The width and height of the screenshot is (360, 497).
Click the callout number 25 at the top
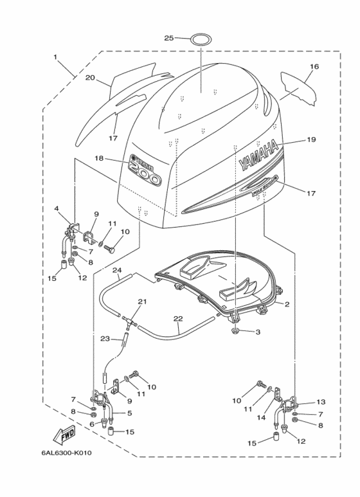(169, 39)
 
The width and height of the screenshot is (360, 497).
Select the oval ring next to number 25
(200, 39)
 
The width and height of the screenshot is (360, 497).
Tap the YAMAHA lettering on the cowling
(259, 156)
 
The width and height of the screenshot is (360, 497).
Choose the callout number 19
(311, 139)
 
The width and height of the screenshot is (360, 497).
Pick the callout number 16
(314, 66)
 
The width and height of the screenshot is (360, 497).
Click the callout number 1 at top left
(56, 57)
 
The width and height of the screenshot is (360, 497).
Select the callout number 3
(258, 332)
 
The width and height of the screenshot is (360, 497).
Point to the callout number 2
(287, 304)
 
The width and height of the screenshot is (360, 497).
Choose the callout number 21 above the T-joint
(142, 302)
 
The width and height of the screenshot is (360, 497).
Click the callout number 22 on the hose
(178, 318)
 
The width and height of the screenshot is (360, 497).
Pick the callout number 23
(105, 338)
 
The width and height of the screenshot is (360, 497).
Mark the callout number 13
(321, 401)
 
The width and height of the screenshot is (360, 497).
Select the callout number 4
(57, 208)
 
